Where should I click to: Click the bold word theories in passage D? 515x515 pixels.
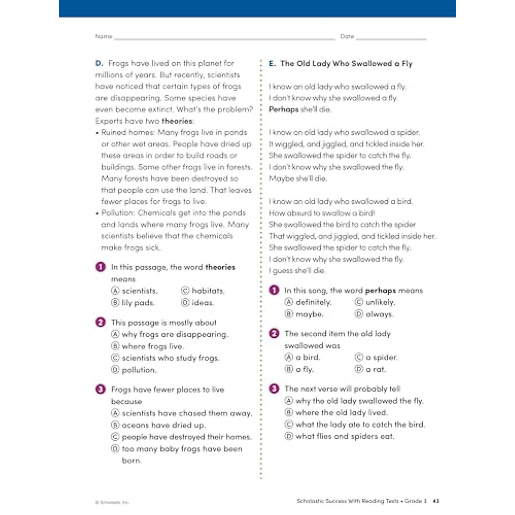click(x=177, y=121)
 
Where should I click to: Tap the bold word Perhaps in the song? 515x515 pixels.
click(x=284, y=109)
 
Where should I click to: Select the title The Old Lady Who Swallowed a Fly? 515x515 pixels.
click(x=346, y=64)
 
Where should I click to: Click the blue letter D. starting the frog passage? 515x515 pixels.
click(x=99, y=63)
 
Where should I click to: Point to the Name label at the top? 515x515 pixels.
click(x=103, y=36)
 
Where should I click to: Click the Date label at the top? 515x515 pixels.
click(x=347, y=36)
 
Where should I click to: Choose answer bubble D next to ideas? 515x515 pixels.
click(x=185, y=303)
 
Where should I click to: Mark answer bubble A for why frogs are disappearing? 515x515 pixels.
click(x=115, y=334)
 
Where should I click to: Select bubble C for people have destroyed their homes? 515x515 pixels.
click(x=115, y=437)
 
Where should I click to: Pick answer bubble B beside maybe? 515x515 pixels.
click(x=289, y=314)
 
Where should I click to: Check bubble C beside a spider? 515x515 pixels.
click(x=359, y=357)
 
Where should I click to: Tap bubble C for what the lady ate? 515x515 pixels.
click(x=289, y=424)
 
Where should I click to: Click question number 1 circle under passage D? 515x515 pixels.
click(x=100, y=267)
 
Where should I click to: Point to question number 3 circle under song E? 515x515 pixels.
click(x=274, y=389)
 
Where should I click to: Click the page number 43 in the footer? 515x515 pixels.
click(x=436, y=501)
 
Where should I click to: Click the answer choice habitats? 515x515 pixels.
click(x=208, y=291)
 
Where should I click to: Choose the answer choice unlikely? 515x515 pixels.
click(x=381, y=302)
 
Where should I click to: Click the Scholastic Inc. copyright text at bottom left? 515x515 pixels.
click(x=112, y=502)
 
